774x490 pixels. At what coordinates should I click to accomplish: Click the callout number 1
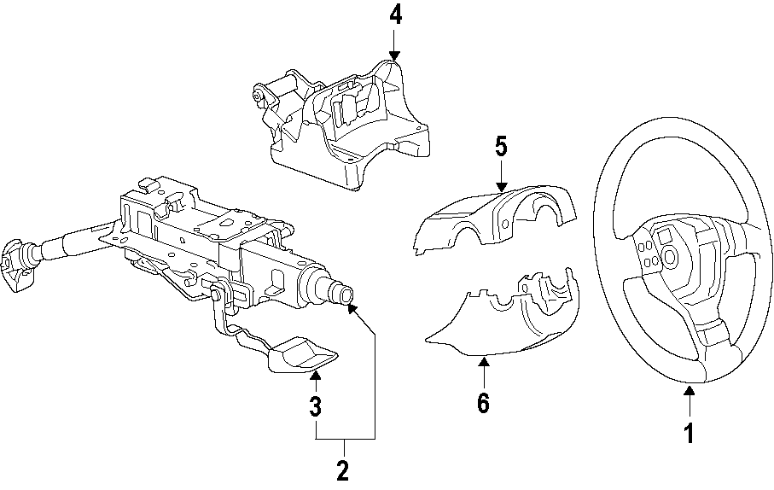point(689,434)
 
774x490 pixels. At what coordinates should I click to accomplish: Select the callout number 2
point(343,470)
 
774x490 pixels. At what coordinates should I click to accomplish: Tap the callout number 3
point(315,406)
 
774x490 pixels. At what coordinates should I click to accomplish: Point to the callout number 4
point(394,15)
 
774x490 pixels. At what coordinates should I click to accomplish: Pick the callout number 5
point(501,146)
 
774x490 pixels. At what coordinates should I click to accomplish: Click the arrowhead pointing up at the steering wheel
point(689,392)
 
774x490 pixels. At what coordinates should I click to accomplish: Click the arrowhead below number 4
point(394,53)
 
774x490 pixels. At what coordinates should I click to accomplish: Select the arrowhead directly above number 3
point(315,375)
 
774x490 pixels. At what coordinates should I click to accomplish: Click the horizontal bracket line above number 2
point(345,438)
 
